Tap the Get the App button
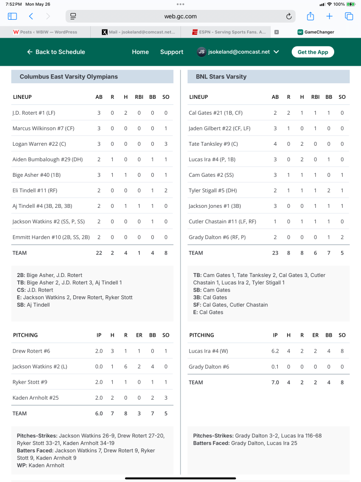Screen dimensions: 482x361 [313, 52]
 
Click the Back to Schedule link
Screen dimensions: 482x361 [56, 52]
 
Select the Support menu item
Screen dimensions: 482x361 [172, 52]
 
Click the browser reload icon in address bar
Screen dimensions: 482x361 [289, 16]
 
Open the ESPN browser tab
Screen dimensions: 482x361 [229, 32]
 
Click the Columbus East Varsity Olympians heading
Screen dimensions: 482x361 [69, 77]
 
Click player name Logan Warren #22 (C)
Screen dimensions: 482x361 [36, 144]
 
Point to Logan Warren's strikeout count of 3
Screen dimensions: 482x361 [166, 144]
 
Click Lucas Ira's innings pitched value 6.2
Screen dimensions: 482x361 [275, 351]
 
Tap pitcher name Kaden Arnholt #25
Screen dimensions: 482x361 [36, 398]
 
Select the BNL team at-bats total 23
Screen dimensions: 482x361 [275, 253]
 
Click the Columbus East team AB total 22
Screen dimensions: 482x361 [99, 253]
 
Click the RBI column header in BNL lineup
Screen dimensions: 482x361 [315, 97]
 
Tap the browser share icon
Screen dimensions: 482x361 [310, 16]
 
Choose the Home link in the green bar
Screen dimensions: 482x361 [140, 52]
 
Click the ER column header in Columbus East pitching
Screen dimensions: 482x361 [139, 335]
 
